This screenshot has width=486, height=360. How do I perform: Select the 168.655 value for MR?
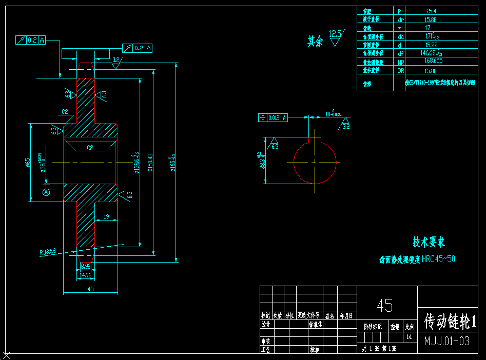click(x=433, y=61)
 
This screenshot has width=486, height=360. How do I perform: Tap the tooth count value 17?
click(x=427, y=28)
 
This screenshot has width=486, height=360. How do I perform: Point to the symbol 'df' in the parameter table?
click(x=401, y=53)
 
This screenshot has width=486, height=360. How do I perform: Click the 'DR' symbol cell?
click(x=401, y=70)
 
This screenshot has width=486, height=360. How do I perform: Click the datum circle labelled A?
click(x=46, y=192)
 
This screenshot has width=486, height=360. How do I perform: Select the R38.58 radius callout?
click(x=48, y=252)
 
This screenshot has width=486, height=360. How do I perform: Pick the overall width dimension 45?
click(x=90, y=289)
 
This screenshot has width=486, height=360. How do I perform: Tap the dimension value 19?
click(x=106, y=217)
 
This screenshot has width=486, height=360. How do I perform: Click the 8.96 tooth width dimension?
click(x=86, y=266)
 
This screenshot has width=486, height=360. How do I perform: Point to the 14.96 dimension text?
click(x=86, y=275)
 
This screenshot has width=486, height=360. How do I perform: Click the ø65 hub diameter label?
click(x=28, y=163)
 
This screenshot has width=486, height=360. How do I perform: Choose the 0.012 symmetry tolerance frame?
click(x=273, y=117)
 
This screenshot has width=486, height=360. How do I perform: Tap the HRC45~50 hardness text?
click(x=438, y=259)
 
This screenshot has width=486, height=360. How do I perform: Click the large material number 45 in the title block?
click(x=385, y=306)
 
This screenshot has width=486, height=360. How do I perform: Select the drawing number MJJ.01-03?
click(x=446, y=341)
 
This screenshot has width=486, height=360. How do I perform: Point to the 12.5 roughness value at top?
click(x=335, y=34)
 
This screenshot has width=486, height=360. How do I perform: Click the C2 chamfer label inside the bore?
click(x=90, y=148)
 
